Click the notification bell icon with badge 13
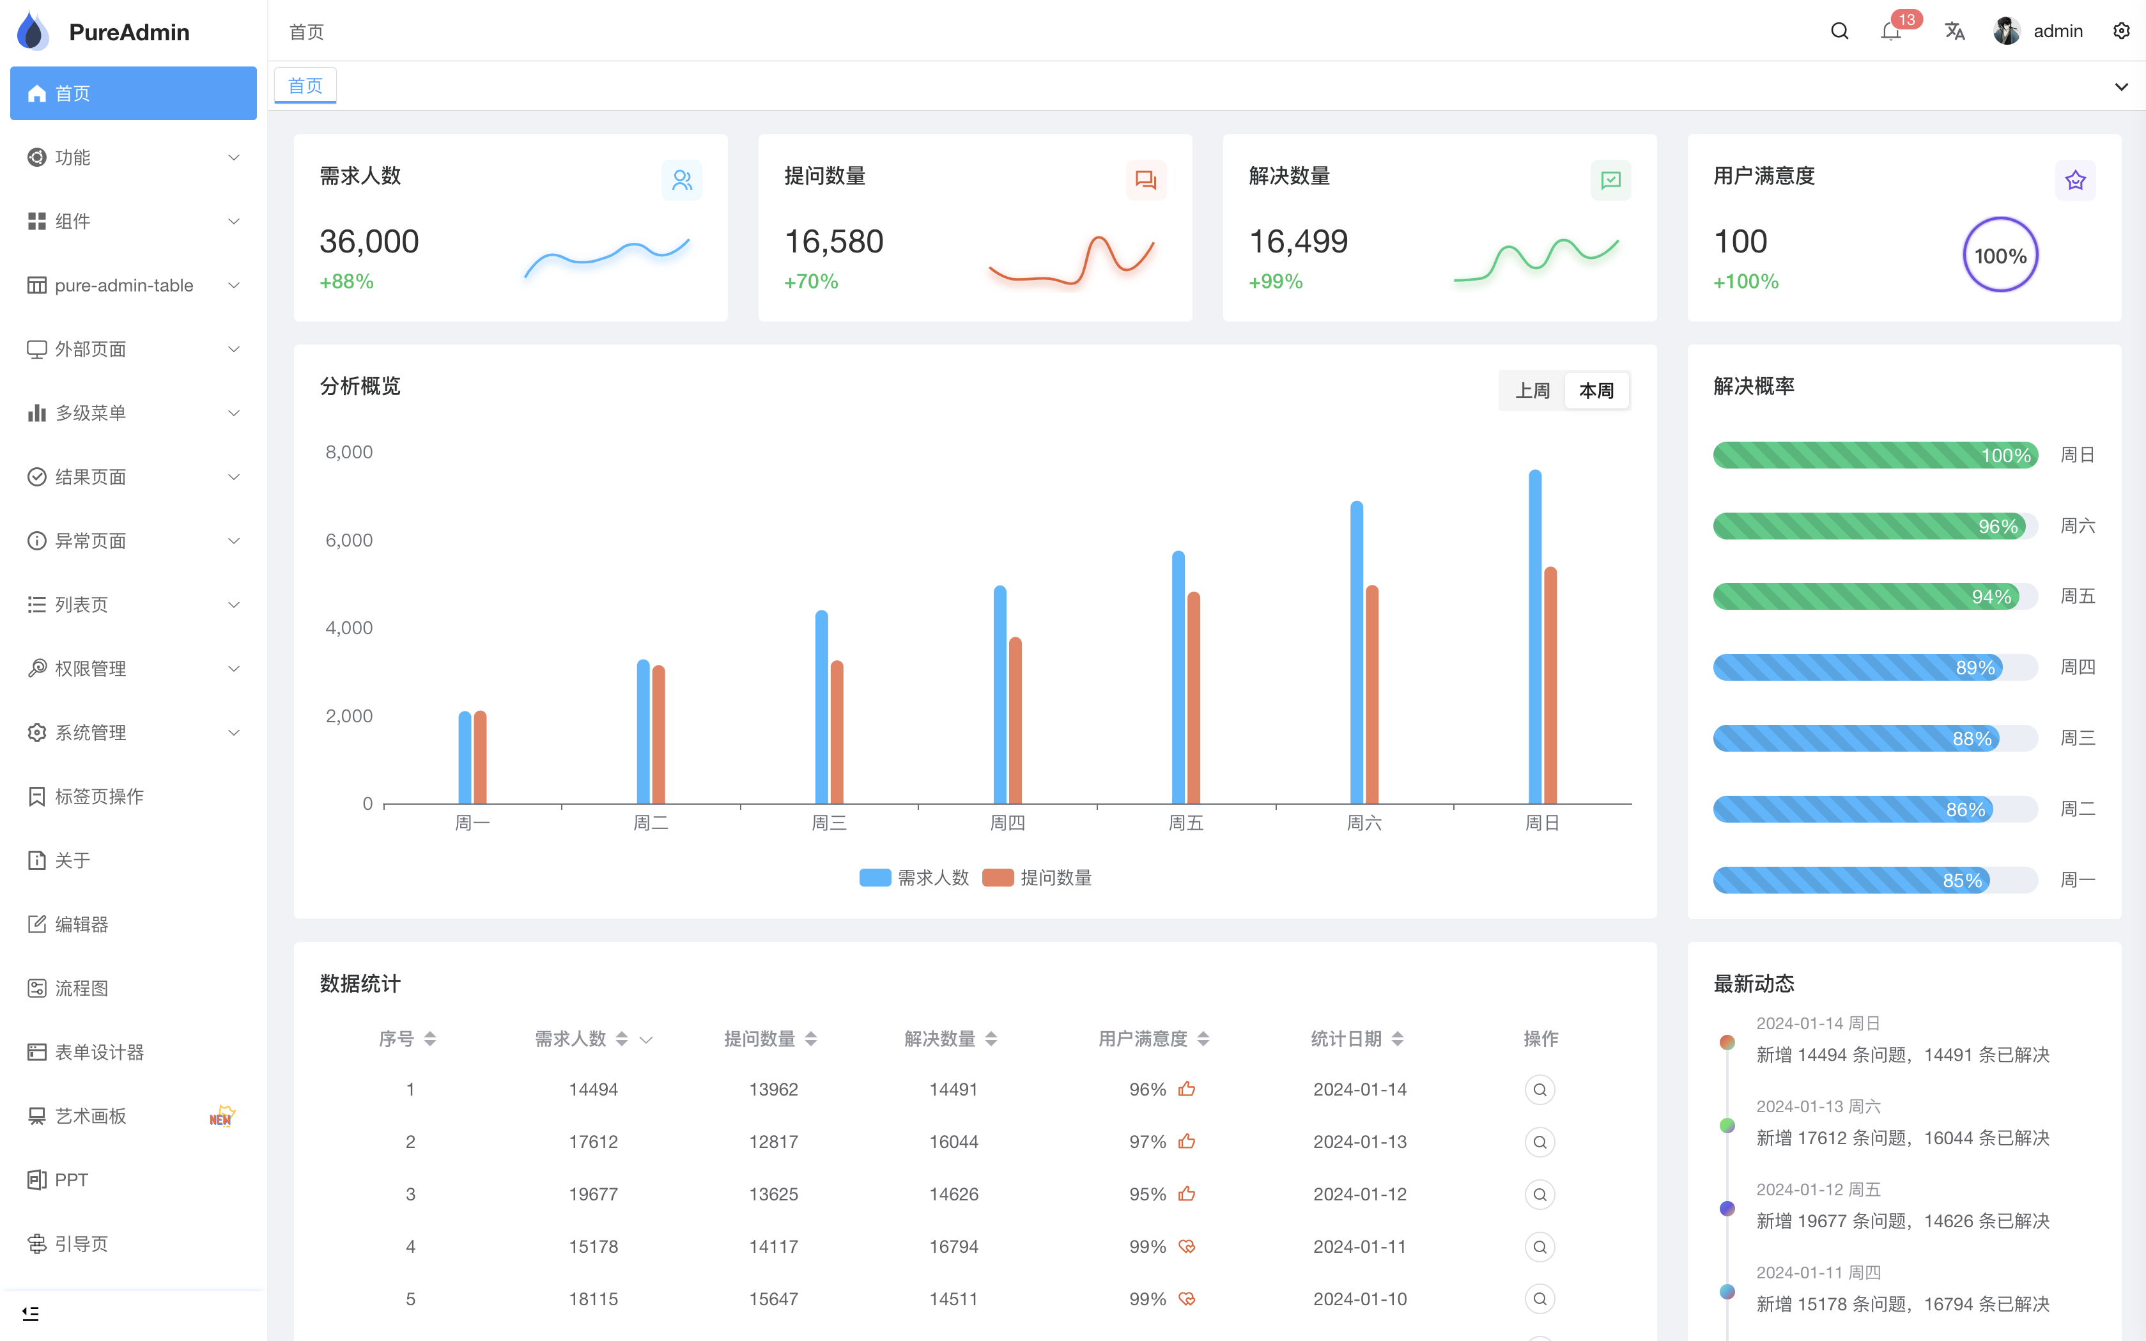coord(1890,32)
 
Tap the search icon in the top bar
coord(1839,31)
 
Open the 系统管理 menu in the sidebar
coord(133,733)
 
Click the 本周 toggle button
coord(1596,391)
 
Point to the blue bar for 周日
coord(1535,639)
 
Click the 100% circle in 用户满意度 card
coord(2000,256)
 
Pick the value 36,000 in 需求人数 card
coord(369,241)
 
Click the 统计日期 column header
coord(1346,1039)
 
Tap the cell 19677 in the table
coord(593,1194)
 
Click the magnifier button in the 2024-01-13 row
coord(1540,1142)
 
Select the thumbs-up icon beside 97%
coord(1187,1142)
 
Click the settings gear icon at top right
coord(2121,31)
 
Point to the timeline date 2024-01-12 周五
coord(1818,1190)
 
